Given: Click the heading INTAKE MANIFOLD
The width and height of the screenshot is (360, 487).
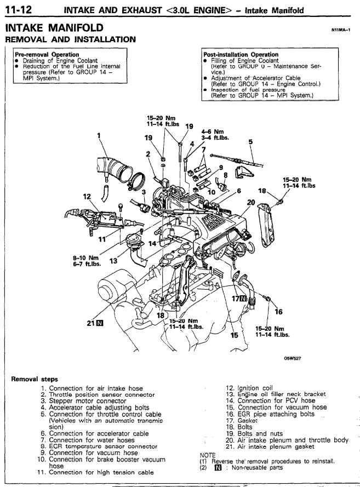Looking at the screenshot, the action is click(54, 27).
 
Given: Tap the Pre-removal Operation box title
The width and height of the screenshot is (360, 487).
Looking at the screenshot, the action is click(47, 54).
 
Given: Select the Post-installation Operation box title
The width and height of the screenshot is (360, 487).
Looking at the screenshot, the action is click(241, 54).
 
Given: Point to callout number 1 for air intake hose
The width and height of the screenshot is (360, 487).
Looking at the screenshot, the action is click(99, 135).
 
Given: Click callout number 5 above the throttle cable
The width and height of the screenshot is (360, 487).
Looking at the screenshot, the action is click(250, 142).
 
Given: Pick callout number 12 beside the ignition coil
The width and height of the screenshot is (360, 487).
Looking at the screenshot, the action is click(87, 197).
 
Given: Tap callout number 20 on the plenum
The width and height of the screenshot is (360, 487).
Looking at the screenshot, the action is click(250, 203).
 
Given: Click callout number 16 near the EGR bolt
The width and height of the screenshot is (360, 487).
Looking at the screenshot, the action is click(278, 311).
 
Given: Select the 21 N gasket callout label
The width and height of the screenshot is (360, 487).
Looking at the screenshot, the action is click(95, 323).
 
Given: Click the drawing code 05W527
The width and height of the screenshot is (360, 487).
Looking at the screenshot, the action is click(292, 358).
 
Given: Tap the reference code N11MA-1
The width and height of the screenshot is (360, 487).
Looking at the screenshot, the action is click(341, 30).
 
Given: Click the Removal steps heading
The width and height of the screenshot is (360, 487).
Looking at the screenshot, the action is click(35, 379).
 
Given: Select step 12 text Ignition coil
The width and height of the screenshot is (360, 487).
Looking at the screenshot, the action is click(255, 388).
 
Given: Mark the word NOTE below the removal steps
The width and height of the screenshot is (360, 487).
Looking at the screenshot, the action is click(208, 455).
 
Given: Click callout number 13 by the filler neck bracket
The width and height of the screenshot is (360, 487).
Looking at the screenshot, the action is click(113, 261).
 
